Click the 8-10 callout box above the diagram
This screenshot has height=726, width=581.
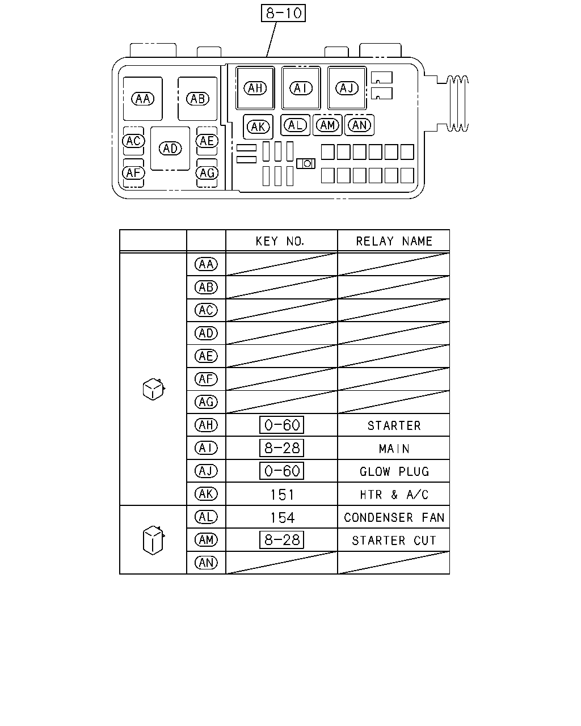coord(283,13)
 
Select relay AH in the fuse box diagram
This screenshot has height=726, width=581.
coord(255,88)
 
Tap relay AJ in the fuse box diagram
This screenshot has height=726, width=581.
coord(347,88)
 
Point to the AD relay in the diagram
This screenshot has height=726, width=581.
coord(170,149)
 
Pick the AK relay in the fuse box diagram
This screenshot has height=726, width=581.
coord(258,127)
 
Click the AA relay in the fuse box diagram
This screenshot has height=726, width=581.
coord(143,99)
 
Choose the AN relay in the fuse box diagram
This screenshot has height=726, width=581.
coord(360,125)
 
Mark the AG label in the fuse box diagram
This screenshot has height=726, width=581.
coord(207,173)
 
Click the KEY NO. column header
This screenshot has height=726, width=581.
coord(280,241)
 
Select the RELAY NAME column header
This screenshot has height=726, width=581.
coord(394,241)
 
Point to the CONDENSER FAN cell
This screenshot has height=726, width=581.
coord(394,517)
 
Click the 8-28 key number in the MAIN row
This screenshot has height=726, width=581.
coord(281,448)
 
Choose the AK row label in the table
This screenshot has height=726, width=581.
coord(207,494)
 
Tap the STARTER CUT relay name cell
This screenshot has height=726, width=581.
coord(394,541)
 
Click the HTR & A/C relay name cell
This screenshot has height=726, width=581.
coord(394,495)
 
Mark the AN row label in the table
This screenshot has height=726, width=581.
coord(207,563)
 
